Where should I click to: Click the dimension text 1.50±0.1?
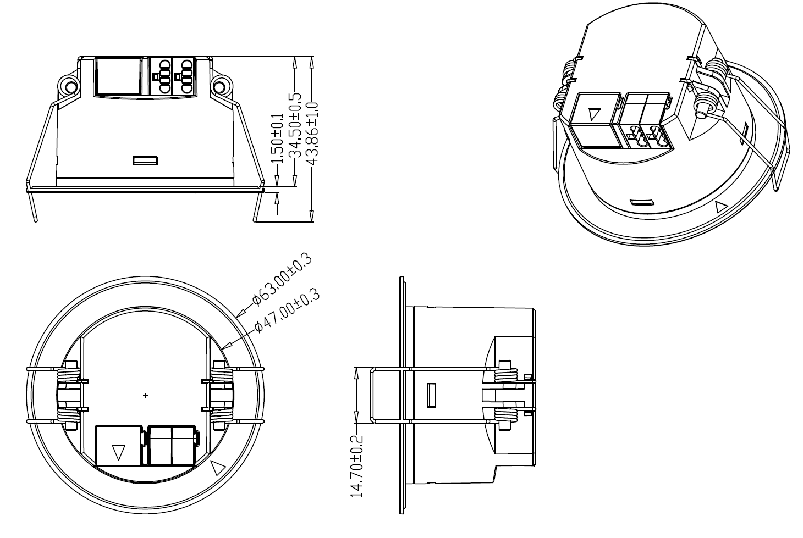pos(278,138)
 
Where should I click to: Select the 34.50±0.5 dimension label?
pos(295,126)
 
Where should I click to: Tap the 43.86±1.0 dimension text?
pos(312,133)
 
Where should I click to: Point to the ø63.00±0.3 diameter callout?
pos(282,279)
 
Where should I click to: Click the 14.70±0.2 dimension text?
pos(357,465)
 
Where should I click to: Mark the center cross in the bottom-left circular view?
pos(145,396)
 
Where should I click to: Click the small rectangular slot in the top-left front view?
pos(145,160)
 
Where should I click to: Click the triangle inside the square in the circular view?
pos(118,452)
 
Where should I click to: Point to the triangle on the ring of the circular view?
pos(217,468)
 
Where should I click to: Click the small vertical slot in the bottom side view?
pos(432,395)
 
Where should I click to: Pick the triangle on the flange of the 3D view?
pos(721,207)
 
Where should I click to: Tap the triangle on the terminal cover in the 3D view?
pos(595,114)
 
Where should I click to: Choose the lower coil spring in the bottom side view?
pos(506,415)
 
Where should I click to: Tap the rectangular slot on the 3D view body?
pos(642,202)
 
